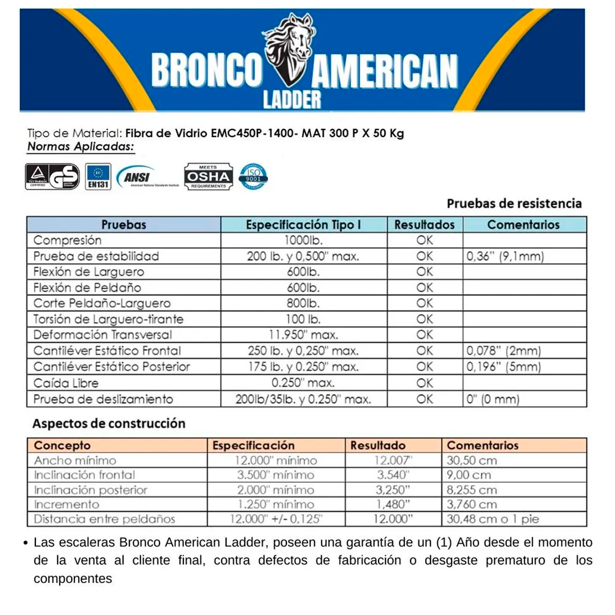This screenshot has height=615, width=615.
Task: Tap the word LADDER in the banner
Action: point(292,98)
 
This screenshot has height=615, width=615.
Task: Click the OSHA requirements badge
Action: point(208,177)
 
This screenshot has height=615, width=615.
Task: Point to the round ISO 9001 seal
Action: point(253,177)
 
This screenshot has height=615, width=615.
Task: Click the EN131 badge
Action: point(98,177)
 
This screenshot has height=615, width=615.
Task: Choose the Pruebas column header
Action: point(124,225)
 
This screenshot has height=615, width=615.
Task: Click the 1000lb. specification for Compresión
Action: point(303,240)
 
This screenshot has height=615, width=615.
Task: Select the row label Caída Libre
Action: point(66,383)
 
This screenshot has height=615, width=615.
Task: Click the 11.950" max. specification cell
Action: point(303,335)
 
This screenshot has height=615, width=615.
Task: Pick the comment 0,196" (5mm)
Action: point(503,366)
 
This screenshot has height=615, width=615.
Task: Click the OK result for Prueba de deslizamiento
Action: point(424,399)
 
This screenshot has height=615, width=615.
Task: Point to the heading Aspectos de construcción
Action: point(109,424)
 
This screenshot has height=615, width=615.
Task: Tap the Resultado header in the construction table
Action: point(378,445)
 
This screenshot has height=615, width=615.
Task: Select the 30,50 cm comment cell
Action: point(471,460)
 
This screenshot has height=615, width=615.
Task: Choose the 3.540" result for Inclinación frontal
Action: point(393,475)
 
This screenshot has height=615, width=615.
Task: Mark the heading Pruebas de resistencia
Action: point(514,203)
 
